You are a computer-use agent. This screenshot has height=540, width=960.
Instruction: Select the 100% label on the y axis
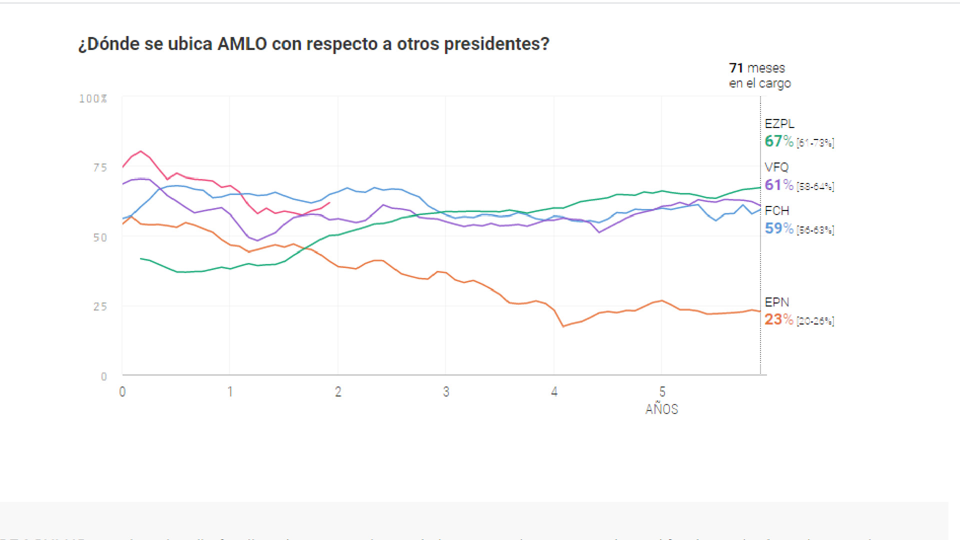tap(93, 99)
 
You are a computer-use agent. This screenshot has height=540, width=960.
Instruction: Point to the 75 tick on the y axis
tap(100, 168)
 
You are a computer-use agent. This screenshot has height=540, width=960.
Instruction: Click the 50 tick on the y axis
tap(100, 238)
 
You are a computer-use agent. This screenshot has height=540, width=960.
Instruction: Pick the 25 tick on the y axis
tap(100, 307)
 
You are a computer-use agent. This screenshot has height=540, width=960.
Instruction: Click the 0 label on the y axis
tap(104, 377)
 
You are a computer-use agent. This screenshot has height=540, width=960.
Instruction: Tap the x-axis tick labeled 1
tap(230, 392)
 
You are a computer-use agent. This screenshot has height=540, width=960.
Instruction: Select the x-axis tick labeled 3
tap(446, 392)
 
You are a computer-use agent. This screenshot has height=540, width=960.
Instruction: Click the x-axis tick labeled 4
tap(554, 392)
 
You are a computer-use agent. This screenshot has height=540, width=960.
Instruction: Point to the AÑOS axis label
tap(661, 409)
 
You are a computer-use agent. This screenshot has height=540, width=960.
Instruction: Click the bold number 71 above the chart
tap(736, 68)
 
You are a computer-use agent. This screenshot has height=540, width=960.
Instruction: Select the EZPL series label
tap(779, 124)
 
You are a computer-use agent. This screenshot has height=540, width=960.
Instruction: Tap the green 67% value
tap(778, 141)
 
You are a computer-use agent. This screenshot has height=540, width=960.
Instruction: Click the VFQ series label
tap(776, 167)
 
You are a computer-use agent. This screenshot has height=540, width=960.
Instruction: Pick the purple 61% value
tap(778, 185)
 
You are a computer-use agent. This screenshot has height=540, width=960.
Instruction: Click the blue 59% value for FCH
tap(778, 228)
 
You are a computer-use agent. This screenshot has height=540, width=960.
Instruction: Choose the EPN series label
tap(776, 302)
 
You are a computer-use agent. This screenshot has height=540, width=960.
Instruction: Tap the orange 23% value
tap(778, 319)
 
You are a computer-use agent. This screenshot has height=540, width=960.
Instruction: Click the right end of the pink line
tap(329, 203)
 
